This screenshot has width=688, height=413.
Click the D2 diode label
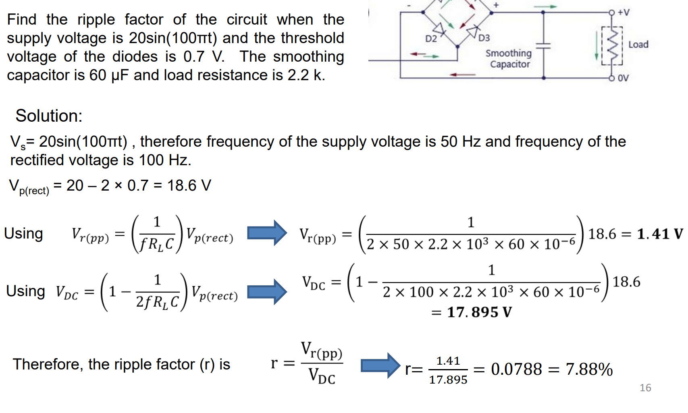431,39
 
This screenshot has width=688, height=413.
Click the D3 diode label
484,38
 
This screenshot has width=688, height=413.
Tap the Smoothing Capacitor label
509,59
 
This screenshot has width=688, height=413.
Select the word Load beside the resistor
638,45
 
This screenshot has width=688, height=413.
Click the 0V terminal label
623,78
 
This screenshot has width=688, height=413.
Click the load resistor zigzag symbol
612,45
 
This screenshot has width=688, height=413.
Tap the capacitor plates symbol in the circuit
543,46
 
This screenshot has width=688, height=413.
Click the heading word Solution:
49,116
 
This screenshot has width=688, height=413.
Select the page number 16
645,388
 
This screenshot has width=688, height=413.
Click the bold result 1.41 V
659,234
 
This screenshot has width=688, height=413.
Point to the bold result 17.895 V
479,312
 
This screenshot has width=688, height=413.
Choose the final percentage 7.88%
589,369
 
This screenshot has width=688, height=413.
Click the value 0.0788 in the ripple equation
516,369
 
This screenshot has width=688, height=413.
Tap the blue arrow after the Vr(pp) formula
267,233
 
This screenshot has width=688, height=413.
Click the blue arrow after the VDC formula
267,291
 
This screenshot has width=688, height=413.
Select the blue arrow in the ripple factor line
380,365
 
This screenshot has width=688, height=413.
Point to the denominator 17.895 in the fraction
448,380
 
